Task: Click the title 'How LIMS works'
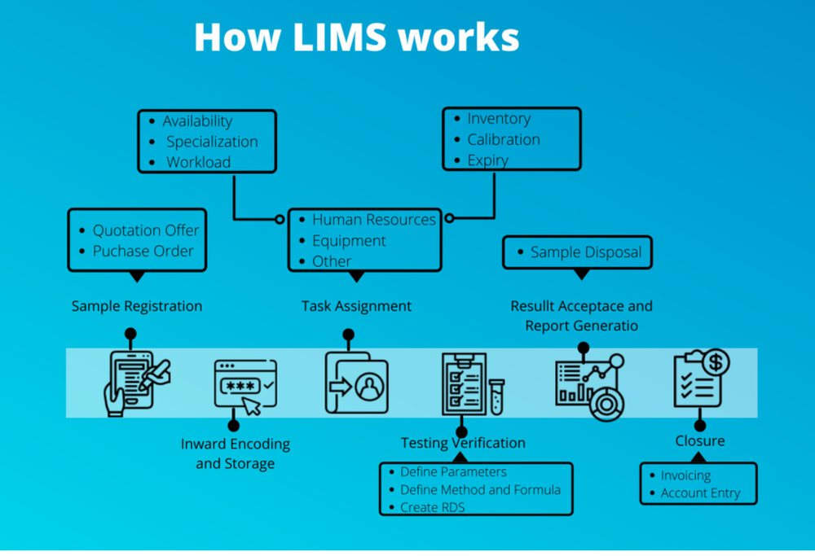point(356,37)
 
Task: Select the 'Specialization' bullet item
point(212,142)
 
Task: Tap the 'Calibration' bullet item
point(503,139)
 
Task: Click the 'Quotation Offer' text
point(145,230)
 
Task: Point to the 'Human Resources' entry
point(373,220)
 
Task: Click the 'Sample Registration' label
point(137,307)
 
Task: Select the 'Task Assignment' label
point(356,307)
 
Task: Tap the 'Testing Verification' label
point(463,444)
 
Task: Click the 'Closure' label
point(699,441)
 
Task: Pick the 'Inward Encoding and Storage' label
point(236,454)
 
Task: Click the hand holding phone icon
point(134,383)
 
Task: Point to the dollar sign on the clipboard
point(715,361)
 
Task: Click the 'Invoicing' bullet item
point(685,475)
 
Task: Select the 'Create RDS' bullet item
point(432,507)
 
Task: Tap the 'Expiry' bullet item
point(487,160)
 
